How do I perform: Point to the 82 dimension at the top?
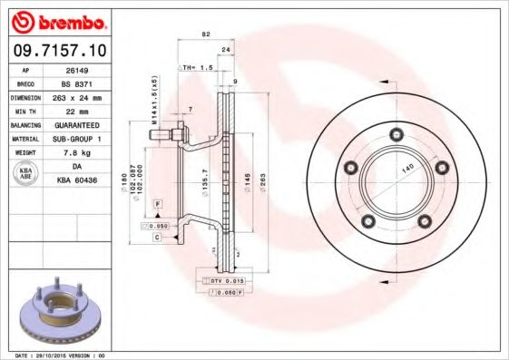coord(206,34)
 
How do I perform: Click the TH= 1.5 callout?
coord(197,67)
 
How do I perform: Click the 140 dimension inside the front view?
coord(407,169)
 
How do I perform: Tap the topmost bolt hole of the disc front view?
coord(396,134)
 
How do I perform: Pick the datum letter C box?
coord(157,237)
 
